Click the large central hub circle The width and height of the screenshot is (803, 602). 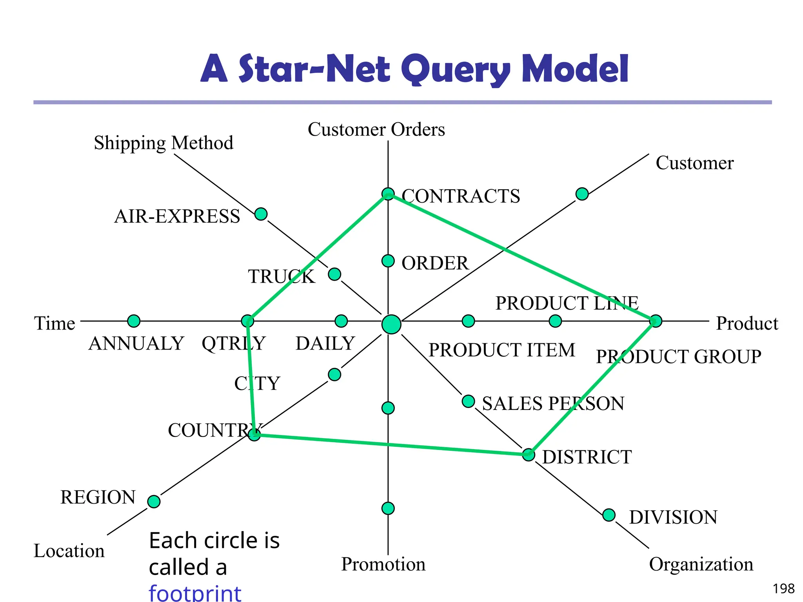pos(391,325)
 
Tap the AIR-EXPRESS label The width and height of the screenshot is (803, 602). pos(177,216)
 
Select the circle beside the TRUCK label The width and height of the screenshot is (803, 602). pos(334,274)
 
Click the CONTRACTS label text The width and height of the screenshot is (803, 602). pos(461,196)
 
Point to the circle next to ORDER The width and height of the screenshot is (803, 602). pos(388,261)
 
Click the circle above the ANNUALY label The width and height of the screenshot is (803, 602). pos(134,321)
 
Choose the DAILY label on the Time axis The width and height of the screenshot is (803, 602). pos(325,344)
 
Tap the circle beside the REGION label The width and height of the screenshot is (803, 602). pos(154,501)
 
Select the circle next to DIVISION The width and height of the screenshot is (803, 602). pos(609,515)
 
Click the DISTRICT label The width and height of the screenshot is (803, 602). pos(587,457)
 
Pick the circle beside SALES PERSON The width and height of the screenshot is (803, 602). pos(468,401)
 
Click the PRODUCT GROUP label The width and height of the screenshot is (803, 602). pos(678,357)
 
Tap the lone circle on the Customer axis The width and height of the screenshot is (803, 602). pos(582,194)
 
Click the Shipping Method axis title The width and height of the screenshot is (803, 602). pos(164,143)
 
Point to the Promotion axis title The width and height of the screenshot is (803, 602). pos(383,564)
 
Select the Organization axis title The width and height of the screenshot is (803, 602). pos(701,564)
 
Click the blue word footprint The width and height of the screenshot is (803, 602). pos(195,593)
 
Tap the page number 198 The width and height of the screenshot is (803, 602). pos(783,589)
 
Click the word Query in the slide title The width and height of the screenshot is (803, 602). pos(456,69)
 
